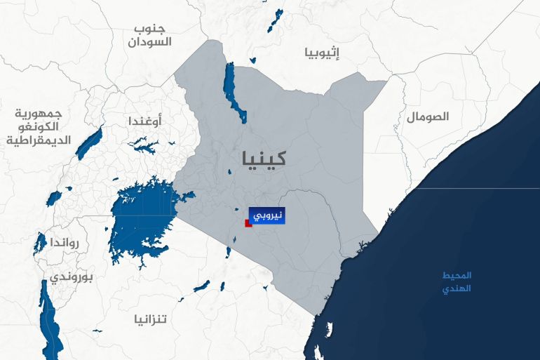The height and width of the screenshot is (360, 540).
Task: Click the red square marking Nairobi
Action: [248, 223]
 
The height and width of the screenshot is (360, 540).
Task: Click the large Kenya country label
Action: [262, 157]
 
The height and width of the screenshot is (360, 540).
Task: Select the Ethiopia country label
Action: [322, 52]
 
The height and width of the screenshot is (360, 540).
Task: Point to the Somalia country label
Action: [426, 116]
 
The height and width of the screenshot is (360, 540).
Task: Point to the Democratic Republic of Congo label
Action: [39, 126]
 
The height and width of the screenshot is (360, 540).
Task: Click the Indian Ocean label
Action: [457, 281]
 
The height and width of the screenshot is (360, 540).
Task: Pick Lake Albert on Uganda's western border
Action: [89, 143]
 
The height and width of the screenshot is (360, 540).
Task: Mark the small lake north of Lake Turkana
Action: [276, 20]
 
